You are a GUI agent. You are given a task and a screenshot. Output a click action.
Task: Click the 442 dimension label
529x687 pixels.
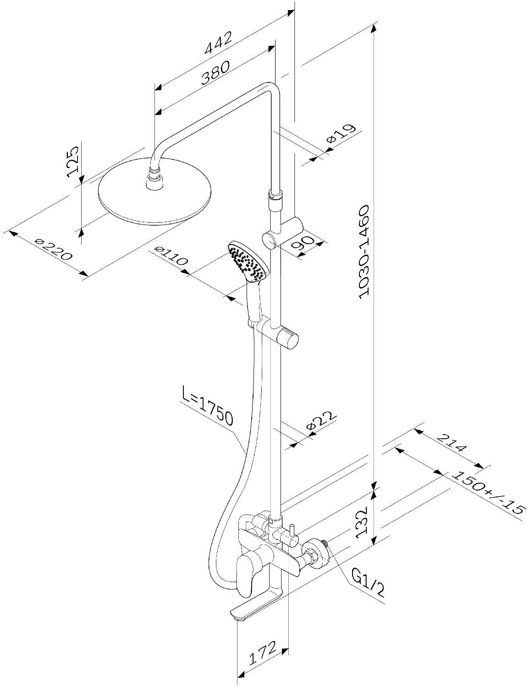coord(218,42)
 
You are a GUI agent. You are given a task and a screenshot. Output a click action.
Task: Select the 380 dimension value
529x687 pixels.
coord(215,73)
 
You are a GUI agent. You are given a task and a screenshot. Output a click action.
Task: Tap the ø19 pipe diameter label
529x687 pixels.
coord(342,134)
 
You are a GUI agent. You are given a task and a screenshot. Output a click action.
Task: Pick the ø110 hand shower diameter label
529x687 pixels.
coord(171,256)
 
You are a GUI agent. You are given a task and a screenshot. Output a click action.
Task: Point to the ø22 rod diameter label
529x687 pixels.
coord(320,420)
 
